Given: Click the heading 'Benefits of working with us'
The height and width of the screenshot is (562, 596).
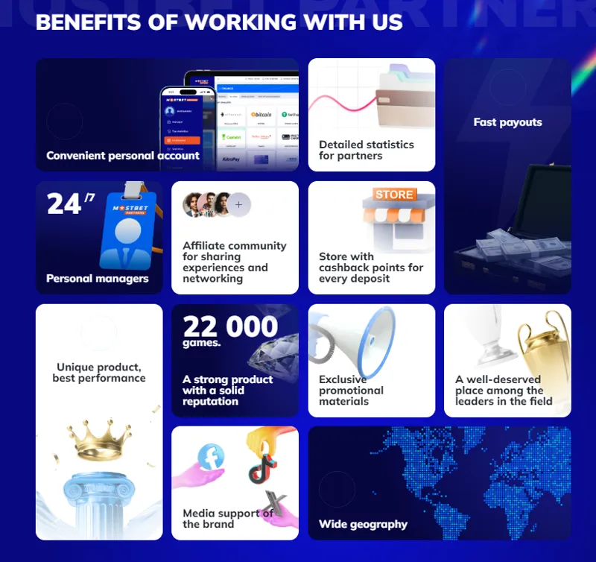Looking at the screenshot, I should tap(219, 22).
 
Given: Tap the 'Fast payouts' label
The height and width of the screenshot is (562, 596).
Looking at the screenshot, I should tap(507, 122).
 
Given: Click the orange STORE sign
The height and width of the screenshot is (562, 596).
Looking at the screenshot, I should tap(394, 195).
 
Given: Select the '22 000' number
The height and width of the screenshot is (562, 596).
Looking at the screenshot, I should tap(230, 326).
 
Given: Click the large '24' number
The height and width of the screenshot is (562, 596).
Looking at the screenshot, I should tap(64, 204).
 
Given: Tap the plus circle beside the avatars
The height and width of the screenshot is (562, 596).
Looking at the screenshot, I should tap(238, 203).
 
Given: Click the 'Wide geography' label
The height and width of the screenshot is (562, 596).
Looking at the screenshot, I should tap(363, 524).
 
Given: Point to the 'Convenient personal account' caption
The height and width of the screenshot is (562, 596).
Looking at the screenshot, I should tap(123, 156).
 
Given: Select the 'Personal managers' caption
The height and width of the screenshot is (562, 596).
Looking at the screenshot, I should tap(97, 279).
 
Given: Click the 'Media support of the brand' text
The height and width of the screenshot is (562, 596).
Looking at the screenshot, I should tap(227, 518).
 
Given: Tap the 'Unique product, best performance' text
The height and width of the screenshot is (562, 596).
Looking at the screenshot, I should tap(99, 373).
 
